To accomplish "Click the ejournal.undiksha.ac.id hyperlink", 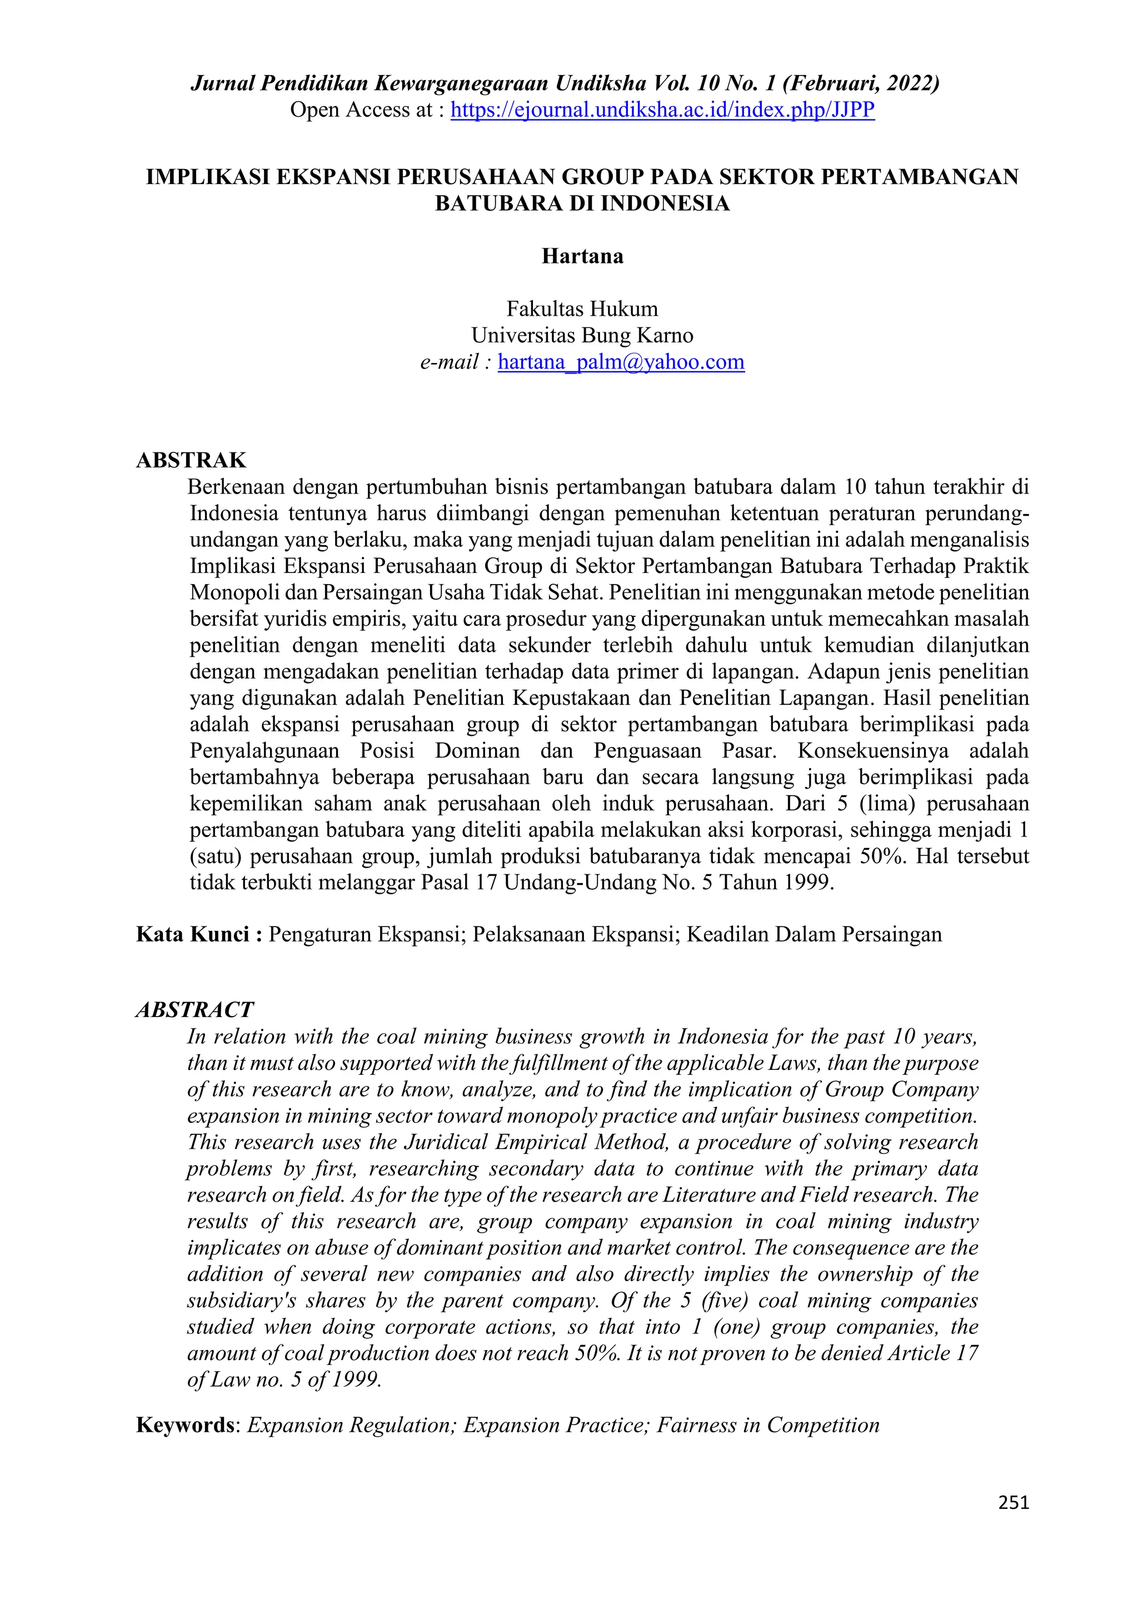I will pyautogui.click(x=662, y=110).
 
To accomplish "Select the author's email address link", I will pyautogui.click(x=621, y=362).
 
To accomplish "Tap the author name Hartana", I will pyautogui.click(x=582, y=256).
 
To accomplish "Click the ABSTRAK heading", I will pyautogui.click(x=191, y=460).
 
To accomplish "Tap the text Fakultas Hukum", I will pyautogui.click(x=582, y=309).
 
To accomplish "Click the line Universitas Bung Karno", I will pyautogui.click(x=582, y=336).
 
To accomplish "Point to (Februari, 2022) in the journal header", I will pyautogui.click(x=861, y=83).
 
